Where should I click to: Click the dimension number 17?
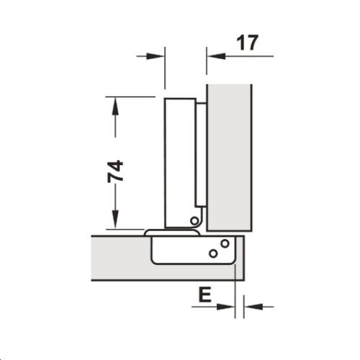(246, 42)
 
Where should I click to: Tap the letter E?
(204, 295)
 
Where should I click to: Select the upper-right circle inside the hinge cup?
(225, 243)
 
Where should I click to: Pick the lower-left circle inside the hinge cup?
(212, 253)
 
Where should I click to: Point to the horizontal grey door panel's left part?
(119, 256)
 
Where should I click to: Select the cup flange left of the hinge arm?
(153, 233)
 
